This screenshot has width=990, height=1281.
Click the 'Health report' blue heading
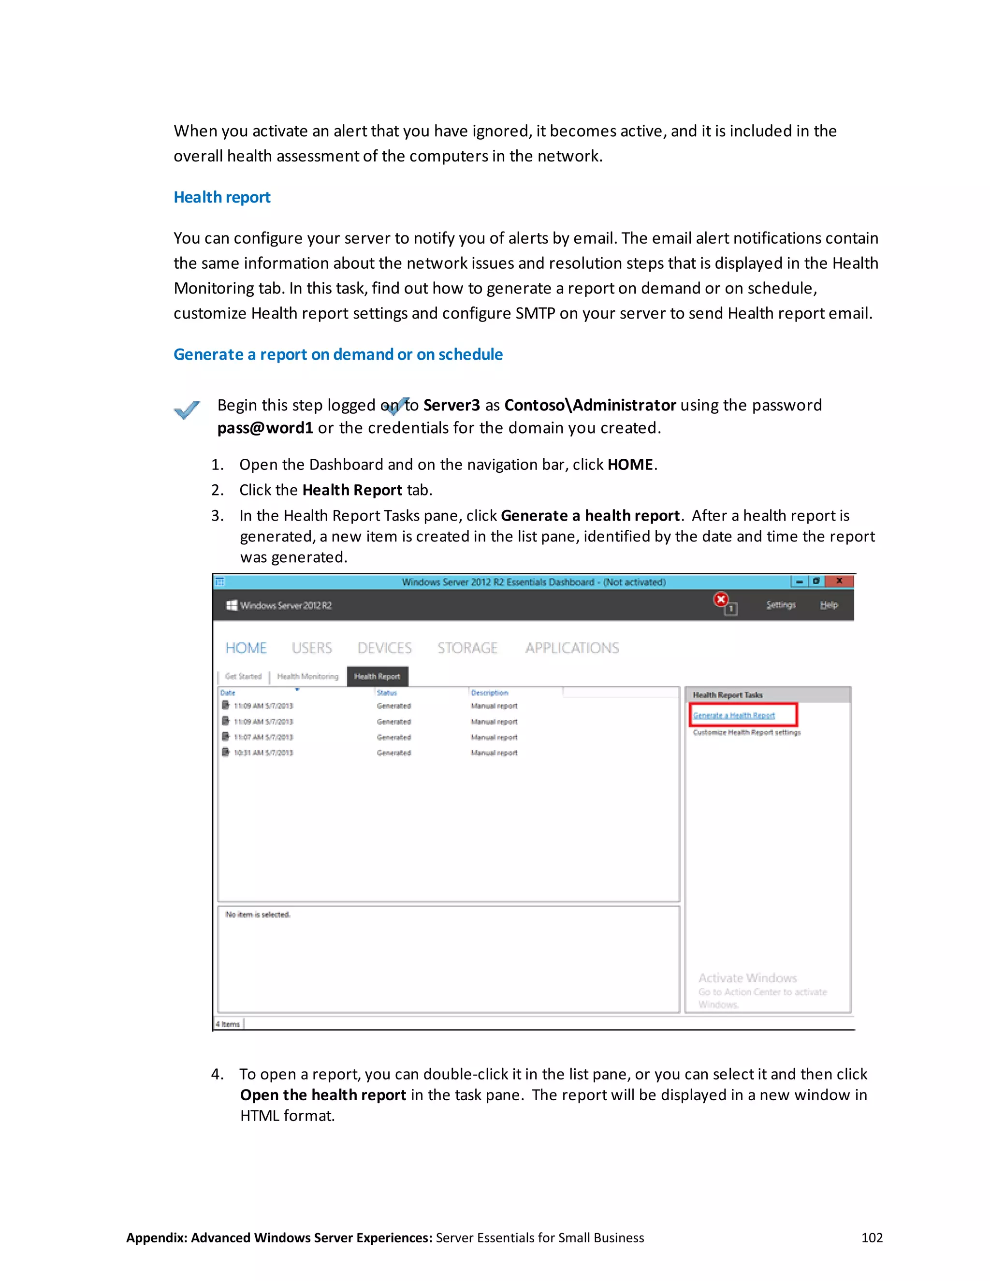tap(222, 197)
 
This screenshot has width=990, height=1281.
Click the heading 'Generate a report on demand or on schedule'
tap(338, 354)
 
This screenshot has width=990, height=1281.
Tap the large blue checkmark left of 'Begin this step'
tap(187, 409)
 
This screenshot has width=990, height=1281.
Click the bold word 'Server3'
tap(451, 405)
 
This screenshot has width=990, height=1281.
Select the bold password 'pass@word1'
tap(265, 428)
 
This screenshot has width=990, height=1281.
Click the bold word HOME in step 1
tap(630, 465)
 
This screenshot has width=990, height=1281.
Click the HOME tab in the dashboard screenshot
tap(246, 648)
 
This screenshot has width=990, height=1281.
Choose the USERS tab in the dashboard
tap(311, 648)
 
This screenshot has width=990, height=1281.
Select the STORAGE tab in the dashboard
tap(467, 648)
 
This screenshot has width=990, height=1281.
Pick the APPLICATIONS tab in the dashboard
tap(572, 648)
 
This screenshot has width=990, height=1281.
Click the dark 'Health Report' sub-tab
tap(377, 676)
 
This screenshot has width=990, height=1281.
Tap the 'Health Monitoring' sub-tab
tap(307, 676)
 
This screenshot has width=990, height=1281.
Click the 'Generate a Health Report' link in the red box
tap(734, 715)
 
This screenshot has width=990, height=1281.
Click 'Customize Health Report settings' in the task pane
tap(746, 732)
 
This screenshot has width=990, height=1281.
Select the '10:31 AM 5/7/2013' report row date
tap(263, 753)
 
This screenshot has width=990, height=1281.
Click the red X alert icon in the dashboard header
tap(721, 599)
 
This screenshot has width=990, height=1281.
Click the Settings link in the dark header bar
tap(781, 605)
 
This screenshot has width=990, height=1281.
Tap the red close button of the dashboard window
tap(839, 581)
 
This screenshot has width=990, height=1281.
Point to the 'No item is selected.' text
tap(258, 915)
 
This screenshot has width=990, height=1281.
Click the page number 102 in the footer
tap(872, 1237)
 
